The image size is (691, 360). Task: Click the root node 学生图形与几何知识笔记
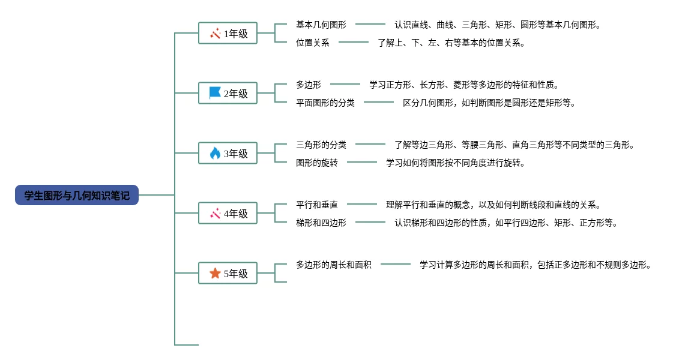[x=77, y=195]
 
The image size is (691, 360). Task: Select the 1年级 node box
[x=228, y=34]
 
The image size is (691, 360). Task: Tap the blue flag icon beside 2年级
[x=215, y=93]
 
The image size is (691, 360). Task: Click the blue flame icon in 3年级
[x=215, y=154]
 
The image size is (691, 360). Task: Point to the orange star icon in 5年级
[x=215, y=274]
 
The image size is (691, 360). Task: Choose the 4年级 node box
[x=228, y=214]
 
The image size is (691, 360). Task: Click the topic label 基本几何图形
[x=321, y=25]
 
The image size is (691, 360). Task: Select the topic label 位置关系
[x=312, y=43]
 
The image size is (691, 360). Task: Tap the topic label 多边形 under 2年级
[x=308, y=85]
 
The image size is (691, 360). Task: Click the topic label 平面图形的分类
[x=325, y=103]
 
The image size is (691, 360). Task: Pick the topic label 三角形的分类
[x=321, y=145]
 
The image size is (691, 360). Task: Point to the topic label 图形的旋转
[x=316, y=163]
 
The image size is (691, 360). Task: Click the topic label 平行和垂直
[x=316, y=205]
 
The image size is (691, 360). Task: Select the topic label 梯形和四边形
[x=321, y=223]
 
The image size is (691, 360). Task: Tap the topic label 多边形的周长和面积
[x=333, y=265]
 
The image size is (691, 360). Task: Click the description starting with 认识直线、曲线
[x=497, y=25]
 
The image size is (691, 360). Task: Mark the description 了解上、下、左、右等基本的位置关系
[x=451, y=43]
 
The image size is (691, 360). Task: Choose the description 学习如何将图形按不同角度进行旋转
[x=455, y=163]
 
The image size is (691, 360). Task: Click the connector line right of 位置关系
[x=354, y=42]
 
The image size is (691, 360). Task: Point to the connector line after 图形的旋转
[x=362, y=162]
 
